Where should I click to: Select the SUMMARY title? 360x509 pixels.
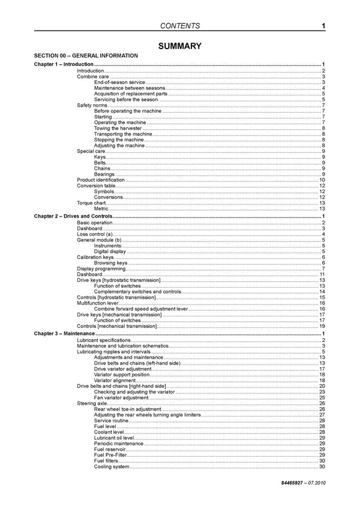pos(179,46)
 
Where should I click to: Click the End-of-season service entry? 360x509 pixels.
pos(120,82)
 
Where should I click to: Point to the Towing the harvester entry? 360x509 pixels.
pos(118,128)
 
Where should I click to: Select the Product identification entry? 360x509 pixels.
pos(101,180)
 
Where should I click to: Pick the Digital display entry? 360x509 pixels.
pos(110,251)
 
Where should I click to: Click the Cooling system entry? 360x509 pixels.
pos(112,467)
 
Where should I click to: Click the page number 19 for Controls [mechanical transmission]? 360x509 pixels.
pos(322,327)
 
